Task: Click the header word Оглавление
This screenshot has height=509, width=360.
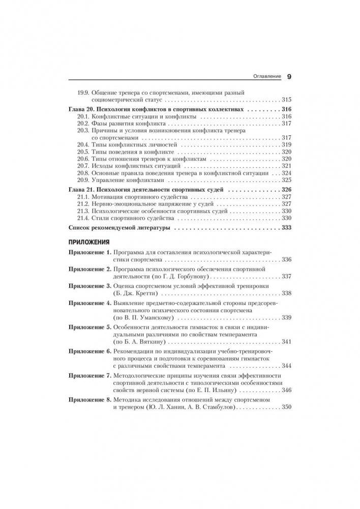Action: [x=267, y=77]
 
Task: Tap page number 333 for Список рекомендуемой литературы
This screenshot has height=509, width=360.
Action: [x=285, y=228]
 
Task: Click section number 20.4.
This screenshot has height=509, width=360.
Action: [x=83, y=144]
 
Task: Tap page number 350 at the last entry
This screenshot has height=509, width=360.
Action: [x=286, y=408]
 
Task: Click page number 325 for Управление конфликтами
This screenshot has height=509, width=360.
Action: [x=286, y=180]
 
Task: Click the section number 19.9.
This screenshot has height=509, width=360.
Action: [x=83, y=92]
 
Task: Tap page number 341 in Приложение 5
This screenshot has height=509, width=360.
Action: [x=286, y=342]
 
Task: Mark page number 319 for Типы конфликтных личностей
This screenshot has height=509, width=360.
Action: [x=286, y=144]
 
